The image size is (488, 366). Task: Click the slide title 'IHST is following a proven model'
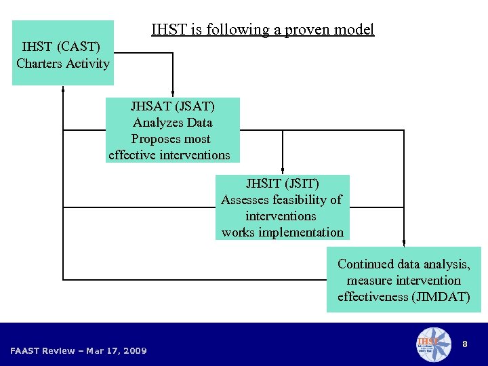(x=262, y=30)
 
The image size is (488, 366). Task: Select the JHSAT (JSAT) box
(x=172, y=130)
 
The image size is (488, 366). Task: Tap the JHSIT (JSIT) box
(x=282, y=207)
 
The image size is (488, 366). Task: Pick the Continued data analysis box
(x=403, y=279)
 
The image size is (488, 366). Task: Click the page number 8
(x=464, y=344)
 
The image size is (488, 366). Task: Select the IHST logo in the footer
(x=432, y=344)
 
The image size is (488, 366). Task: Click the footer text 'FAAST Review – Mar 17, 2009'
(x=79, y=350)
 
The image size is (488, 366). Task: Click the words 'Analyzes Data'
(x=172, y=123)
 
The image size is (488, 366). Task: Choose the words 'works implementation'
(x=282, y=232)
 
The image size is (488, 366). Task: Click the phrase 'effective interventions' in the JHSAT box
(x=169, y=155)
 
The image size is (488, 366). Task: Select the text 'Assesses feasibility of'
(x=281, y=200)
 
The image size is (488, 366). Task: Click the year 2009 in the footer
(x=135, y=350)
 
